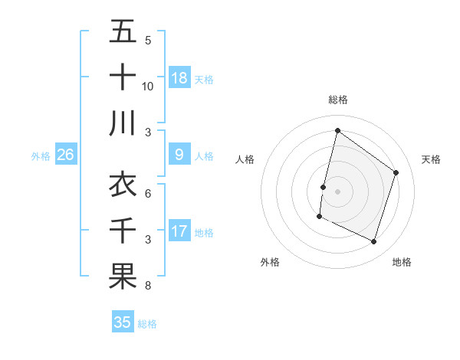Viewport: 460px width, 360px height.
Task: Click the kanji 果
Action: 123,277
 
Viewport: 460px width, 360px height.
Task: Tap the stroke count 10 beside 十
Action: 148,87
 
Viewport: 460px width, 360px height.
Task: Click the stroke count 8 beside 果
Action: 147,286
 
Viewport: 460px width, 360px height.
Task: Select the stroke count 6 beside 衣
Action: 147,195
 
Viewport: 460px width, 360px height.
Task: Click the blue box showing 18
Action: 179,78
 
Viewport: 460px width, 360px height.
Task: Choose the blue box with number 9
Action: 179,155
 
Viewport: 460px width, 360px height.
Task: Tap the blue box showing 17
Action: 179,231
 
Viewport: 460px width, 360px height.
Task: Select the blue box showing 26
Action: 65,155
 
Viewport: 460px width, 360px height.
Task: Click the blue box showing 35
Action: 122,322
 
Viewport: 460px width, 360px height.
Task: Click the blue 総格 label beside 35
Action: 147,324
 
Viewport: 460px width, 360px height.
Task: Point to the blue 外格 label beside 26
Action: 41,156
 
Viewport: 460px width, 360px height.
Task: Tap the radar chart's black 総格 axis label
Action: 338,100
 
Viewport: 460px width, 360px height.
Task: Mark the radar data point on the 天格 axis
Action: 396,172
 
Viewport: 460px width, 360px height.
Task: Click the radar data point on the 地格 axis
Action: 373,241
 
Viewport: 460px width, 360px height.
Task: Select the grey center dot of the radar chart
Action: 337,191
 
